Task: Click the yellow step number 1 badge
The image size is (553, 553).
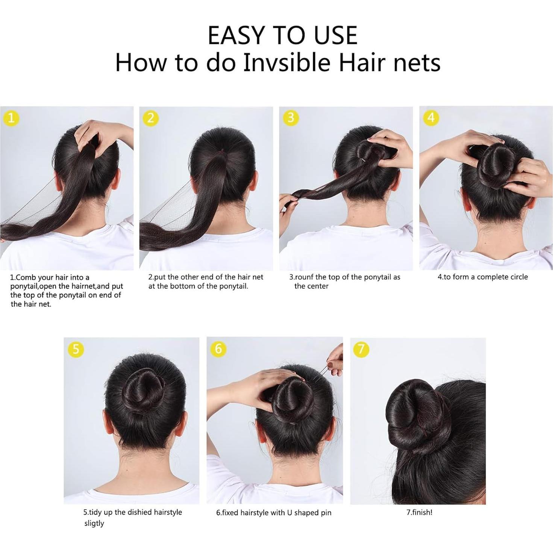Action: pos(11,118)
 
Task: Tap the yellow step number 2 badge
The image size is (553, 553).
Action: pos(151,118)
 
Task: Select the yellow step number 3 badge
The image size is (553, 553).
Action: pos(291,118)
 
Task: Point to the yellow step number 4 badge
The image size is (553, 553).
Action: pos(431,118)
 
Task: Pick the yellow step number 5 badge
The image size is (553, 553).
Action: pos(76,349)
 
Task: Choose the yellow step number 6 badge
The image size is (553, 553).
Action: pos(218,349)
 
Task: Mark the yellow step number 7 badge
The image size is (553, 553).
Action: pos(361,349)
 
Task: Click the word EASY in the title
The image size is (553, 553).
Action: pos(236,36)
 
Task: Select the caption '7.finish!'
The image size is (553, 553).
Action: pos(419,512)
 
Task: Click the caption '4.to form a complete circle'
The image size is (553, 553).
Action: pos(483,277)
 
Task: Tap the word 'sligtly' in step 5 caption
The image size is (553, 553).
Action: pos(94,523)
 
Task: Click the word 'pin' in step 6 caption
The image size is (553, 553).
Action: pos(325,513)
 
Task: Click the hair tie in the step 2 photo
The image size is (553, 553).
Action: pos(223,151)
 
